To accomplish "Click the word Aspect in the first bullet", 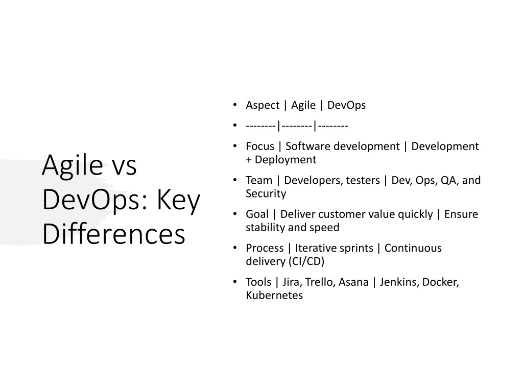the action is point(263,105).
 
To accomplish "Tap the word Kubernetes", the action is point(274,296).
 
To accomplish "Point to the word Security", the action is point(266,193).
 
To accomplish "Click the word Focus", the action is point(260,146).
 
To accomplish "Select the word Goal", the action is point(257,214).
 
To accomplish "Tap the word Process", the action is point(265,249).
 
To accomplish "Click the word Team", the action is point(259,180).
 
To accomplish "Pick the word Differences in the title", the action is point(114,234).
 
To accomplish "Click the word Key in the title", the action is point(178,200).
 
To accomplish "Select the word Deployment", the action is point(285,160).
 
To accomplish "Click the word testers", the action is point(363,180).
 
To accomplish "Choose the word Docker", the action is point(440,282).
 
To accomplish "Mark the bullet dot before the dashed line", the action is point(235,126).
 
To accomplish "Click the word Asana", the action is point(353,282).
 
